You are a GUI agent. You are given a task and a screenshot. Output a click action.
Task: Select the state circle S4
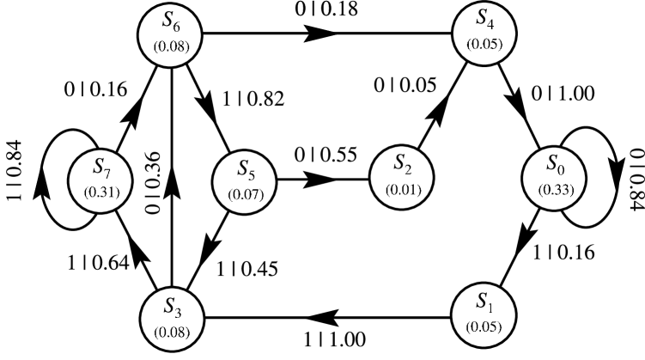(484, 33)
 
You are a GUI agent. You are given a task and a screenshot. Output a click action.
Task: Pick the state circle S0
(555, 178)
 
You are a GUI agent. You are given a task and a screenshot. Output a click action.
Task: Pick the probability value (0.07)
(244, 195)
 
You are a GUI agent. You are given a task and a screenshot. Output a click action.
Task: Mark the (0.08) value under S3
(171, 329)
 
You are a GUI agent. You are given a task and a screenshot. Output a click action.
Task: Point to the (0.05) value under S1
(484, 328)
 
